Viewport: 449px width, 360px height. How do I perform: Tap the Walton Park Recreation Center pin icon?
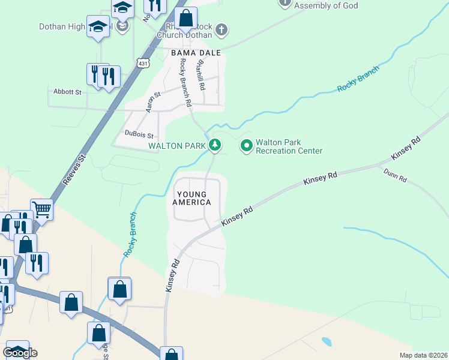click(246, 145)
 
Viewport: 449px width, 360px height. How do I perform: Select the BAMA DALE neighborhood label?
click(196, 53)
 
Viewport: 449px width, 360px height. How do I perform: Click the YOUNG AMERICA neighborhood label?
click(193, 198)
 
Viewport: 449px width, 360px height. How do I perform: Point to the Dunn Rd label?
click(396, 175)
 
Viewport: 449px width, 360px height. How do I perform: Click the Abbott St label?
click(67, 92)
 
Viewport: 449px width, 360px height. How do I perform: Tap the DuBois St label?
click(139, 135)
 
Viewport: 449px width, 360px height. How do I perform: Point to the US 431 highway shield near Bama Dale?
click(142, 63)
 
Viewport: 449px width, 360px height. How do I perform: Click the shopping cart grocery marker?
click(41, 210)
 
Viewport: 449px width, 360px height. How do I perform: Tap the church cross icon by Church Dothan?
click(221, 29)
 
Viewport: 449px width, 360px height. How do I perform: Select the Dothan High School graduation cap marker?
click(98, 26)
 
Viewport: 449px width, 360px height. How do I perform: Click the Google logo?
click(20, 353)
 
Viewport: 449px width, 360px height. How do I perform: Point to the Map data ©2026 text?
click(423, 355)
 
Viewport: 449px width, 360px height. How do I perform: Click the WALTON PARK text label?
click(178, 145)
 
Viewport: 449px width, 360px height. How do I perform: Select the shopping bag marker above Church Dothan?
click(186, 17)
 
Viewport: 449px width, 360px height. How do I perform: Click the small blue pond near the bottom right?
click(327, 341)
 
